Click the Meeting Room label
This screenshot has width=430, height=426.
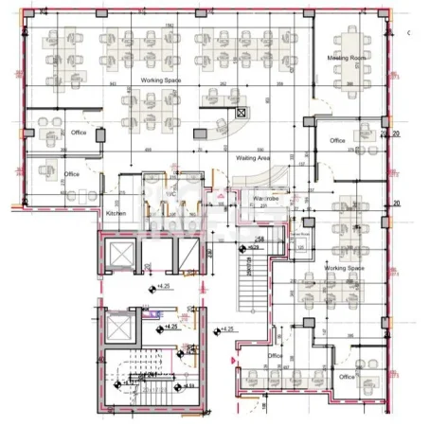(348, 59)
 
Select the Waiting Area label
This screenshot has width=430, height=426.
(255, 158)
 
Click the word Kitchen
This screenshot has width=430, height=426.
(116, 214)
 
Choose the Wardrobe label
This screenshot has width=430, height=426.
(265, 199)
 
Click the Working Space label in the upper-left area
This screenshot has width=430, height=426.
(160, 81)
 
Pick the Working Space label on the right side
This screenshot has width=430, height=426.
(344, 268)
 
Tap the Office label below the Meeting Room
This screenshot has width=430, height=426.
(336, 141)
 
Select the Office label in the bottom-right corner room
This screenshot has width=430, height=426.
(347, 377)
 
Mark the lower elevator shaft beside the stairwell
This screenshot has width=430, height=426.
(120, 328)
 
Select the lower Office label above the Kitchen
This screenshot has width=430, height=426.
(70, 174)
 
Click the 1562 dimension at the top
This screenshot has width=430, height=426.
(169, 23)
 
